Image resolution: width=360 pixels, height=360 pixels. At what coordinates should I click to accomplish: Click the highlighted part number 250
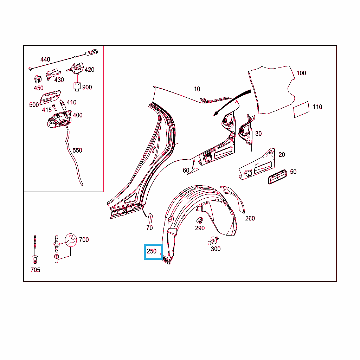click(x=152, y=251)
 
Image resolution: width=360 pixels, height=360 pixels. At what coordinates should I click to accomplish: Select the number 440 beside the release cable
click(x=45, y=59)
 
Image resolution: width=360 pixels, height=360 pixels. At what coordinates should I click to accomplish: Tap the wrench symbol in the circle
click(x=71, y=240)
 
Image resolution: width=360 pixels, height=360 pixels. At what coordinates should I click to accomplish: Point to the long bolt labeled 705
click(x=35, y=250)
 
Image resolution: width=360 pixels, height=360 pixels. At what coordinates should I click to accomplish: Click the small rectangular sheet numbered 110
click(x=301, y=110)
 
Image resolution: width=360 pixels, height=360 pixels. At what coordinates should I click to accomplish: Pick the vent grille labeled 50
click(x=277, y=177)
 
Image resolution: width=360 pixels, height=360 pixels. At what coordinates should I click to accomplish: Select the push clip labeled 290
click(x=200, y=220)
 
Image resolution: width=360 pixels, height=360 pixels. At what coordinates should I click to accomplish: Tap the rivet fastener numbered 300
click(x=213, y=241)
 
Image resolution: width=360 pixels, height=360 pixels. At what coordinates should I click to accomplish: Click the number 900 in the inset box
click(x=87, y=87)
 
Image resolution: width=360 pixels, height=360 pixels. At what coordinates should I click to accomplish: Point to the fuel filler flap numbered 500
click(x=50, y=97)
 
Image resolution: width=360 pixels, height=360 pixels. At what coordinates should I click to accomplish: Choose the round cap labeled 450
click(x=38, y=79)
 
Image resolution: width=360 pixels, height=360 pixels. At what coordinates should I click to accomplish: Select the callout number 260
click(x=250, y=218)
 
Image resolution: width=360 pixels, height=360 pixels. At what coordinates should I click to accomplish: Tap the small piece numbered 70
click(x=150, y=218)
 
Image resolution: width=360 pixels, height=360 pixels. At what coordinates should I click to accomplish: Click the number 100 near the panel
click(x=301, y=73)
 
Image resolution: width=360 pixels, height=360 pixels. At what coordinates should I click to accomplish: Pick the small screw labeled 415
click(x=54, y=107)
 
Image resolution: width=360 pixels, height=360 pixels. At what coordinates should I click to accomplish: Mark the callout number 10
click(x=197, y=89)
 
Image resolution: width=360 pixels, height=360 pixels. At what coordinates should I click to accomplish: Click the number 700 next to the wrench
click(x=84, y=240)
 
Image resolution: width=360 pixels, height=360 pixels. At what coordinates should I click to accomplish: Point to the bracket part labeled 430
click(x=53, y=74)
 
